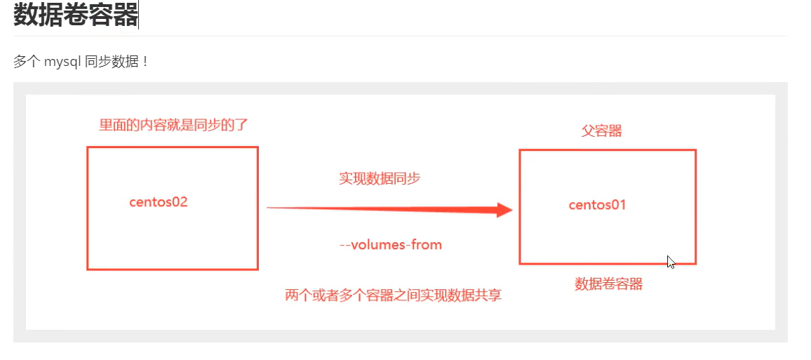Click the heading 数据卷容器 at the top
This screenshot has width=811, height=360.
pos(75,15)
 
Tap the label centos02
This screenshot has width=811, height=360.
pos(159,202)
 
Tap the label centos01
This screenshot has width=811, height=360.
pos(597,205)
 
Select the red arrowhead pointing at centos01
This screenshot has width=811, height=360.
pos(504,209)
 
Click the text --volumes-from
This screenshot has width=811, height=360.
pos(391,245)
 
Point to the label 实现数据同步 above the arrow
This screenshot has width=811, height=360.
pos(380,179)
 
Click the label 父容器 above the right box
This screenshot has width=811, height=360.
pos(602,131)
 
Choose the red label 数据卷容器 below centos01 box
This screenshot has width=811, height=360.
pos(609,284)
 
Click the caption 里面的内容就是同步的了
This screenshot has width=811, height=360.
pos(173,126)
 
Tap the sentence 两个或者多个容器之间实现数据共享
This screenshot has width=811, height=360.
pos(393,295)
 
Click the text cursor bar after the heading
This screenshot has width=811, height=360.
pos(139,15)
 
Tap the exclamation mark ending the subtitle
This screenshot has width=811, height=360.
pos(145,62)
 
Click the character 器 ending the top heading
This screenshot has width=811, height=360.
pos(126,15)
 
